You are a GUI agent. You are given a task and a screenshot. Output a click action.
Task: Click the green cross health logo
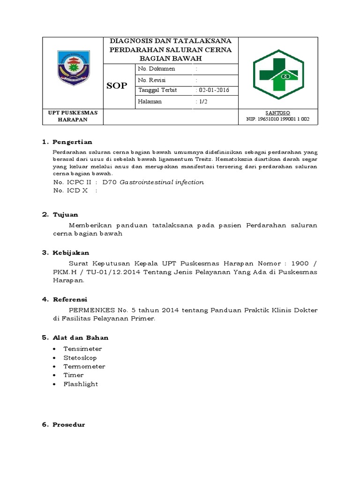(x=278, y=74)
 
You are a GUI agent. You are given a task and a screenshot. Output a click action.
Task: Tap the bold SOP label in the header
(x=117, y=86)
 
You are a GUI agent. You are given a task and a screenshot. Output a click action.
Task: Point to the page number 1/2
(x=202, y=101)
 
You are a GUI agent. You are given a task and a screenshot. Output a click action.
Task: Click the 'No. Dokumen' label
(x=157, y=69)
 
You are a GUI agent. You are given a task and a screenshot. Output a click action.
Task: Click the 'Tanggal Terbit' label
(x=157, y=90)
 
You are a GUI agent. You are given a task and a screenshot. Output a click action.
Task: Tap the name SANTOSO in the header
(x=278, y=113)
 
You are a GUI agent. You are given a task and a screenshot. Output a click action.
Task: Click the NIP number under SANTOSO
(x=278, y=120)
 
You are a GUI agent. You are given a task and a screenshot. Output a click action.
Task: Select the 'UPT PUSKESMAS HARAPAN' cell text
(x=72, y=116)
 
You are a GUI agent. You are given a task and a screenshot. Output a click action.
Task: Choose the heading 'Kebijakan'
(x=70, y=253)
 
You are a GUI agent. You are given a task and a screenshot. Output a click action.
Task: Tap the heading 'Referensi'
(x=70, y=300)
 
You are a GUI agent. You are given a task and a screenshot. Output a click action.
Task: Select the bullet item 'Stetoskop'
(x=80, y=358)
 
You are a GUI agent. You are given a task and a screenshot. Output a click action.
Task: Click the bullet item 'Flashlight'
(x=81, y=384)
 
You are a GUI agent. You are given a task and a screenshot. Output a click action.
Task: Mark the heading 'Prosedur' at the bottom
(x=68, y=425)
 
